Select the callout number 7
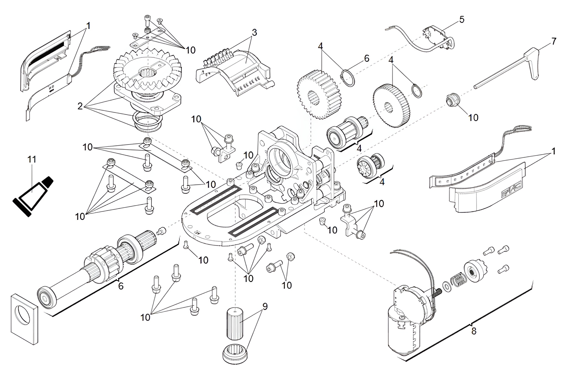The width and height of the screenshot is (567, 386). point(553,42)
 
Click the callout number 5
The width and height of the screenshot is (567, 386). point(462,20)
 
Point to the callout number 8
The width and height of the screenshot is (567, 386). point(474,331)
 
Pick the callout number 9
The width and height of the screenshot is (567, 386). point(265,306)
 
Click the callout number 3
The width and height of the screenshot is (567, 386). point(254,32)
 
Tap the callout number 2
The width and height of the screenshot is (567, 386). point(80,106)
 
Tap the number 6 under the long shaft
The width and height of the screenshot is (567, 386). point(121,286)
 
